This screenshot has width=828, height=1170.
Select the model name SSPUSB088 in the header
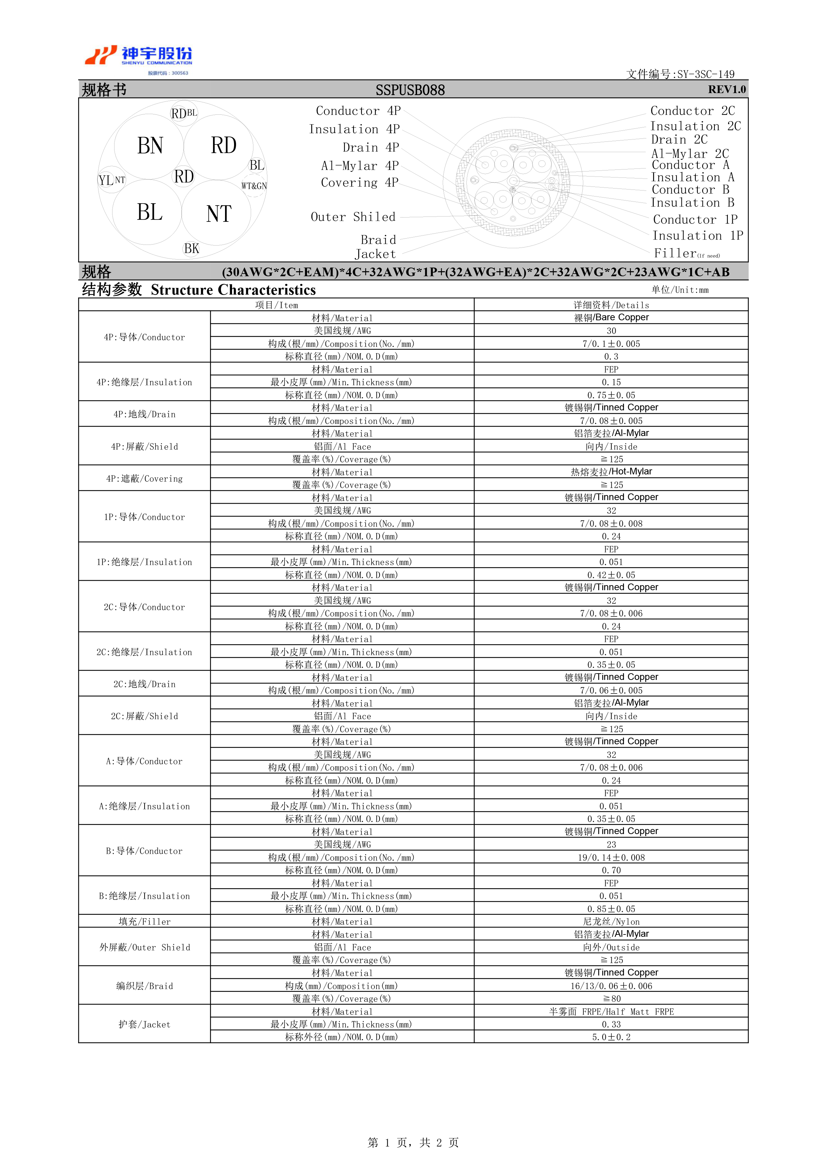click(410, 90)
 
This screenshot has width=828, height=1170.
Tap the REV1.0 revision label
click(727, 90)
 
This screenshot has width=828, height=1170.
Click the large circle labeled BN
click(149, 146)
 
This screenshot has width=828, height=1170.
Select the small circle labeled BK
click(191, 249)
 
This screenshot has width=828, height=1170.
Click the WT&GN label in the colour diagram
click(254, 186)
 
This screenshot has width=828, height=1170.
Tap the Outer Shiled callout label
click(353, 217)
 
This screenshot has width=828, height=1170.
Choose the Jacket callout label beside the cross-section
click(375, 254)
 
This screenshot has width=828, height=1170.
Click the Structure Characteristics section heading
click(233, 290)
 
